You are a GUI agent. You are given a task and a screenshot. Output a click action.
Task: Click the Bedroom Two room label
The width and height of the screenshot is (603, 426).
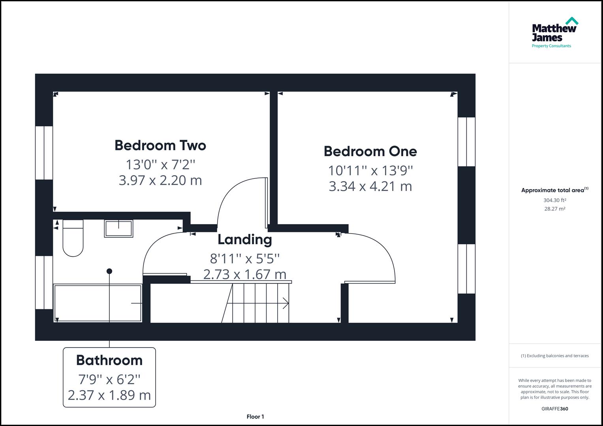click(160, 146)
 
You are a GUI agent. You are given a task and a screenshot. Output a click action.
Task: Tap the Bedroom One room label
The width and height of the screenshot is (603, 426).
click(370, 151)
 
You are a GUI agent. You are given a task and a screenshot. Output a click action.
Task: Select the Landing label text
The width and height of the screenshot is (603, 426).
click(245, 239)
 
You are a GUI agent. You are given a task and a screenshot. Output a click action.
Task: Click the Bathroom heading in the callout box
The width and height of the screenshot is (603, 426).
click(109, 360)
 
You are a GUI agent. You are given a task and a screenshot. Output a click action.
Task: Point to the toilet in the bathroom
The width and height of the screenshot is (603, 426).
click(73, 238)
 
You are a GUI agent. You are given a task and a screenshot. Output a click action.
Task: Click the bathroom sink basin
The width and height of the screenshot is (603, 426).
click(118, 229)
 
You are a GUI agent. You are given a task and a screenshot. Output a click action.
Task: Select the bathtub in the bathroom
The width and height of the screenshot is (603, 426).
click(98, 303)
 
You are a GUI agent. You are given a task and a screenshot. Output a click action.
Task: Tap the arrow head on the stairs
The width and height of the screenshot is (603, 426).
click(286, 303)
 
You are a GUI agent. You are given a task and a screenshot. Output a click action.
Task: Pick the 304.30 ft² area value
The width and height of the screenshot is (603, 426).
click(554, 200)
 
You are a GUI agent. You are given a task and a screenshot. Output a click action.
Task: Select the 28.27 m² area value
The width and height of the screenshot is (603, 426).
click(554, 209)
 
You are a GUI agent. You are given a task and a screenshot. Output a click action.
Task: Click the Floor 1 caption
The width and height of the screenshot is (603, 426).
click(255, 417)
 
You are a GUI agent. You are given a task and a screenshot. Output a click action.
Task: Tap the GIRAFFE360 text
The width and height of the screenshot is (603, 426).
click(554, 409)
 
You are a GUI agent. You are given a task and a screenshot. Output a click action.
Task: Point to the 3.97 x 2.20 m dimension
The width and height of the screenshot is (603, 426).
click(160, 180)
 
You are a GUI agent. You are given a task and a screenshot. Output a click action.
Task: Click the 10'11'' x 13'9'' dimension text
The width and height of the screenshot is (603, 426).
click(370, 170)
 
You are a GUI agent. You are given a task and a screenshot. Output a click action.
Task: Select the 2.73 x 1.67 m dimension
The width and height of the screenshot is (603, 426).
click(245, 274)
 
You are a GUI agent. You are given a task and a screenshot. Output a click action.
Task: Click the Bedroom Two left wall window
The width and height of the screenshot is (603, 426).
click(44, 153)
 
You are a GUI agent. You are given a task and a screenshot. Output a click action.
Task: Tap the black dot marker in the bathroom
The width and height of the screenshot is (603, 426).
click(109, 271)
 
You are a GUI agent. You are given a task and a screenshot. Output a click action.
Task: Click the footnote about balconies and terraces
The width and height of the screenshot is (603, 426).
click(554, 356)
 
